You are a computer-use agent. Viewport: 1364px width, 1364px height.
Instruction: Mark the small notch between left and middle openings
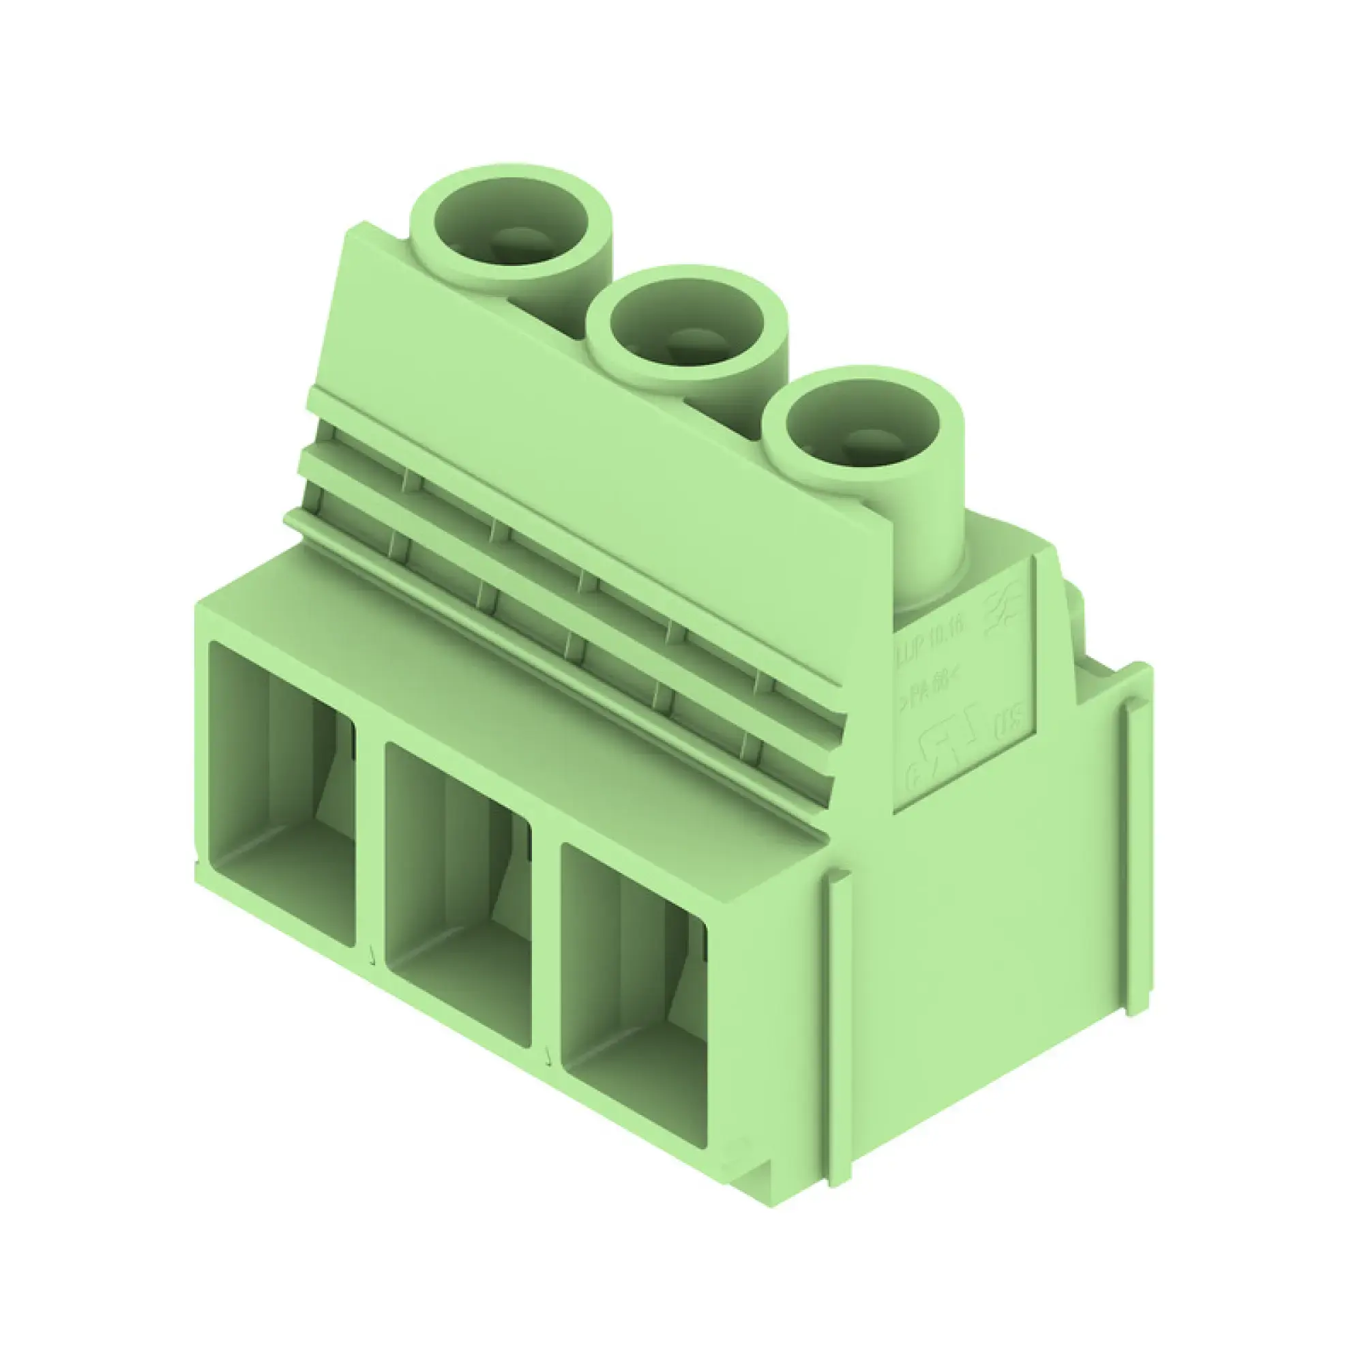(372, 958)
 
